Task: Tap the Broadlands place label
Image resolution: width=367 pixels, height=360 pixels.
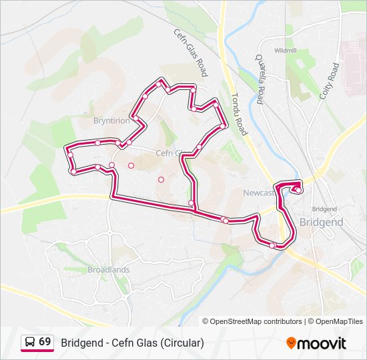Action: pos(109,270)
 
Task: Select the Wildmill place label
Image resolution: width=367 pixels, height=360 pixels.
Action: pos(285,51)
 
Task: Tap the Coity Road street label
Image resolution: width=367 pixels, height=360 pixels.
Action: pos(330,81)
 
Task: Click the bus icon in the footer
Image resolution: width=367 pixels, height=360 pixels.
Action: pos(29,342)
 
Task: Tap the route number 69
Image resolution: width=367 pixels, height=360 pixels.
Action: pos(45,342)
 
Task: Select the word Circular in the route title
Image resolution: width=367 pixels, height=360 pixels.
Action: pos(181,343)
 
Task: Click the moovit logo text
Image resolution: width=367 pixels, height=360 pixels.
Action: pos(322,343)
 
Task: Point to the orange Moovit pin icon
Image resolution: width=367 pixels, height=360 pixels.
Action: pos(291,343)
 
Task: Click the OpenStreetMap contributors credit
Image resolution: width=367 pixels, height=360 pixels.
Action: pos(256,321)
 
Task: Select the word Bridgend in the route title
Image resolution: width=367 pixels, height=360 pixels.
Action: pos(83,343)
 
